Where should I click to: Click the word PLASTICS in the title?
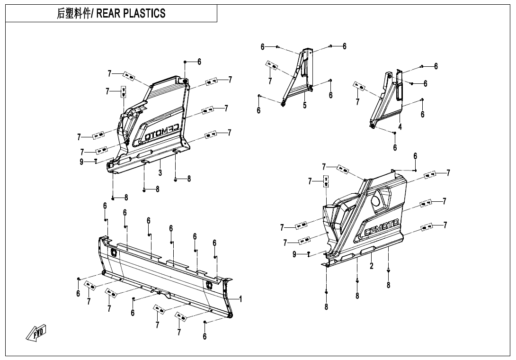(x=144, y=13)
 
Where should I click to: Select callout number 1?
(x=240, y=299)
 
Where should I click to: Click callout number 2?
(x=372, y=266)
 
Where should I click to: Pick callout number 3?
(x=160, y=173)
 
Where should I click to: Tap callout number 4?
(x=400, y=127)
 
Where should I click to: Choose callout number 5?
(x=305, y=105)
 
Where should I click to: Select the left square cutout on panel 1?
(x=114, y=253)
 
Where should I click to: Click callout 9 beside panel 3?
(x=81, y=162)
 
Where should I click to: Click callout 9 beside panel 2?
(x=294, y=254)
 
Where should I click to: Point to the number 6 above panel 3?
(x=199, y=62)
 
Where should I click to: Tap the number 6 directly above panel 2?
(x=415, y=156)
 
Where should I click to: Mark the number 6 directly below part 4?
(x=395, y=147)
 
